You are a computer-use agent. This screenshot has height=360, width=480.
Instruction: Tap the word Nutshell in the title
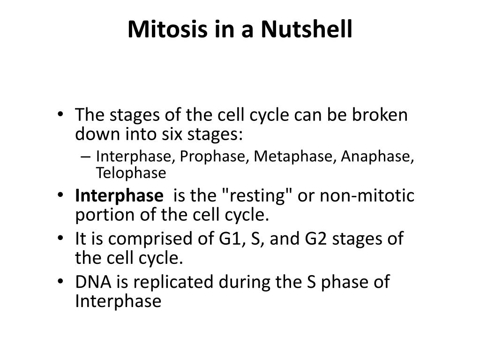coord(306,30)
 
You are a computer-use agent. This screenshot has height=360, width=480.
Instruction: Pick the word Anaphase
coord(377,157)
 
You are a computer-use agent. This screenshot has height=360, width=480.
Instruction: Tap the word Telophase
coord(131,173)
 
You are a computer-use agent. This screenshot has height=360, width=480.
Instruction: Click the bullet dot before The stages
coord(63,115)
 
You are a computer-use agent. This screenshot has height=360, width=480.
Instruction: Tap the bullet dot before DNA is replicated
coord(63,282)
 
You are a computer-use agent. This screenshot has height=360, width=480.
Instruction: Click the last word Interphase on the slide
coord(118,301)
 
